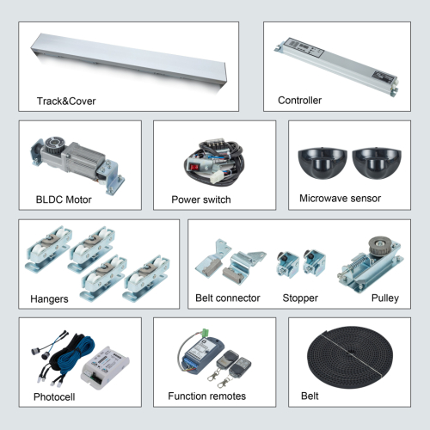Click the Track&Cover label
(66, 101)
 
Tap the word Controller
(300, 101)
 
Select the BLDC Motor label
(64, 200)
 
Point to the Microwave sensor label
(341, 199)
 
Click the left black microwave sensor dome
(322, 163)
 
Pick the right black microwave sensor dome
(377, 163)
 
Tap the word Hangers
(49, 299)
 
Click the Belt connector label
(228, 298)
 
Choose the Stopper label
(300, 298)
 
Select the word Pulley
(385, 298)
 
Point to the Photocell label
(54, 397)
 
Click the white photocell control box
(105, 368)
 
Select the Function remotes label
(207, 396)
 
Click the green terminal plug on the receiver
(206, 333)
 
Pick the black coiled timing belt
(350, 357)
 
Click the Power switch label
(201, 200)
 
